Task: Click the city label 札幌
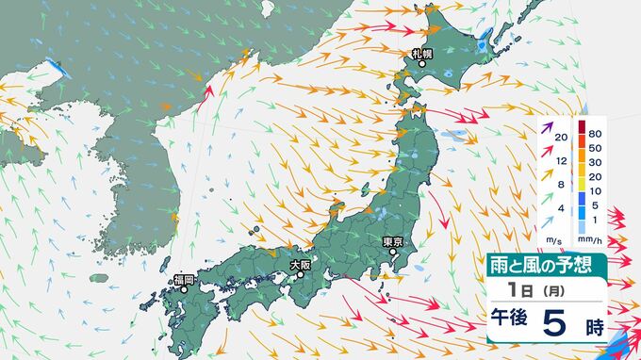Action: point(421,54)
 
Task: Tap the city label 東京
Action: point(394,242)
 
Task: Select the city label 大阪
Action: point(301,265)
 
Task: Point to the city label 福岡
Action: point(184,280)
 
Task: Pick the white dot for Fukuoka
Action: point(185,290)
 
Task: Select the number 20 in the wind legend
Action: point(562,139)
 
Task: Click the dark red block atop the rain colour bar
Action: point(583,129)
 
